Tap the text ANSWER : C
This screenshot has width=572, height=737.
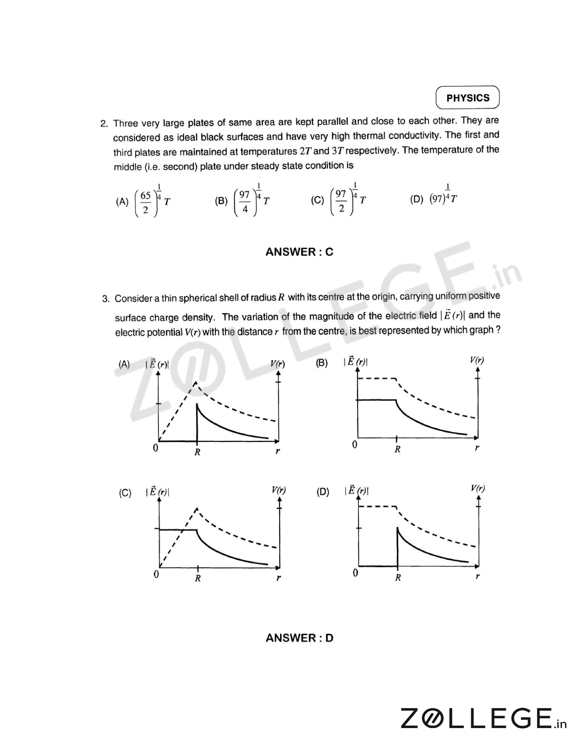tap(299, 252)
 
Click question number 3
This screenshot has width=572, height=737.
tap(106, 299)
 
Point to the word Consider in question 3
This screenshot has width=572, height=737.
tap(134, 299)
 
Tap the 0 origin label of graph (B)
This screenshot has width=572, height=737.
tap(355, 445)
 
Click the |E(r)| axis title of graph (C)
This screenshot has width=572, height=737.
tap(157, 492)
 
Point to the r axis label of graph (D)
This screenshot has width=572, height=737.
tap(477, 577)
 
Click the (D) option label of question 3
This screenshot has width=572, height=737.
tap(322, 492)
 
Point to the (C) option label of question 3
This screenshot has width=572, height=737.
tap(125, 493)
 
